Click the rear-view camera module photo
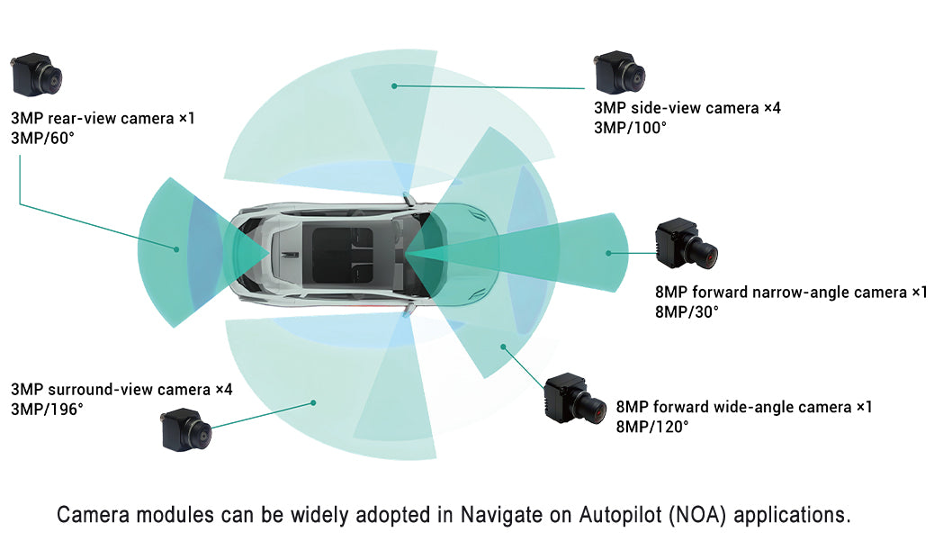tap(36, 75)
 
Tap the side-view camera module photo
tap(619, 72)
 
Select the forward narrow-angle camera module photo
tap(686, 244)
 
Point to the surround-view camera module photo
tap(186, 429)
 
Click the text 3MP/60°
tap(42, 139)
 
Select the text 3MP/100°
tap(630, 128)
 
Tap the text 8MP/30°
tap(687, 311)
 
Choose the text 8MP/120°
tap(652, 427)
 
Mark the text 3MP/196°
tap(47, 410)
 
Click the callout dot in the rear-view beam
tap(176, 249)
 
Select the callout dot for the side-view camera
tap(394, 86)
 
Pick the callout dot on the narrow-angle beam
tap(608, 253)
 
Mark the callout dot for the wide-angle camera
tap(503, 347)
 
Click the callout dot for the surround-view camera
tap(313, 402)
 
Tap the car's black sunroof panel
tap(343, 255)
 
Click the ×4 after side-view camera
tap(772, 108)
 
